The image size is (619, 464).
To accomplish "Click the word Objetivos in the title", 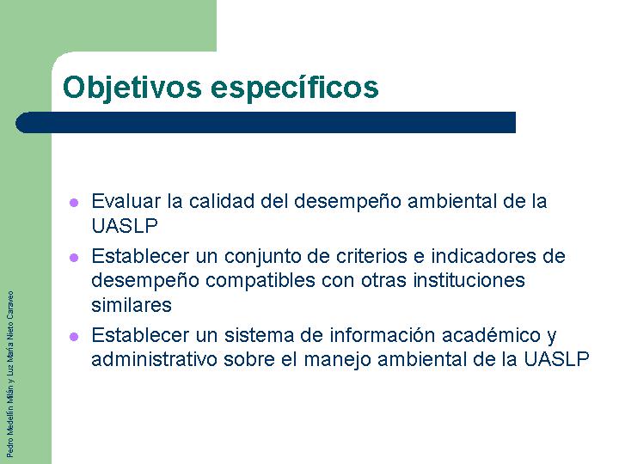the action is pos(132,88).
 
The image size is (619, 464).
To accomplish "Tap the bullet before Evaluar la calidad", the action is pos(74,203).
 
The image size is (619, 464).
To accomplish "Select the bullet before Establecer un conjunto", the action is pos(74,258).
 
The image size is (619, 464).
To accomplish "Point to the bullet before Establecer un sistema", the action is pos(74,337).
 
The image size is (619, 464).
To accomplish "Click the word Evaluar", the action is pos(126,201).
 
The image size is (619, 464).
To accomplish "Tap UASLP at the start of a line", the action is pos(125,226).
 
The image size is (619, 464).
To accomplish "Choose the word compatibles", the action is pos(260,281).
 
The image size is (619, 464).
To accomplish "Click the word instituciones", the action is pos(469,280).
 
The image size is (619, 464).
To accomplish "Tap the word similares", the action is pos(132,305).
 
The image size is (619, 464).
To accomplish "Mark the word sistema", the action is pos(259,335).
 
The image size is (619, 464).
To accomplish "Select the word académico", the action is pos(491,335).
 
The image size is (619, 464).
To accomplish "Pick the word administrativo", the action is pos(155,359).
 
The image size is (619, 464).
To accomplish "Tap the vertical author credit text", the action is pos(10,374).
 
